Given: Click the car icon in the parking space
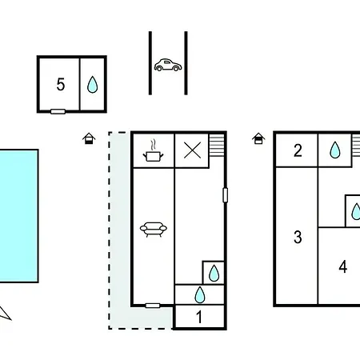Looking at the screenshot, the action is [168, 65].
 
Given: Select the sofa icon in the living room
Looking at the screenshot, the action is [154, 230].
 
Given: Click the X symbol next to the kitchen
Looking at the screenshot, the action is [192, 150].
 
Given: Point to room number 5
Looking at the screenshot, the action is [61, 84].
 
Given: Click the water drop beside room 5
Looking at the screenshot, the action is [93, 84].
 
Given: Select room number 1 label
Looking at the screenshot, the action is [199, 317].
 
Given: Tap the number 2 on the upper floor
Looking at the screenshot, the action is [298, 150].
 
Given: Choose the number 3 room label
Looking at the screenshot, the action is [298, 237].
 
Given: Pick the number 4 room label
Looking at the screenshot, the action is [343, 266].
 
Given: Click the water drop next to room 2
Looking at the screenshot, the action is [335, 150].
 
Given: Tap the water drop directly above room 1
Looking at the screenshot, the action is [200, 294].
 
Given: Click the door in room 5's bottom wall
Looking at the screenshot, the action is [58, 111].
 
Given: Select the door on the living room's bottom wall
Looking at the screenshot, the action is [153, 306].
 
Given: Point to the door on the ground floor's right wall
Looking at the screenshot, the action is [226, 195].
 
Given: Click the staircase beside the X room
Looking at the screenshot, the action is [217, 146].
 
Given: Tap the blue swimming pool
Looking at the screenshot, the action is [19, 216].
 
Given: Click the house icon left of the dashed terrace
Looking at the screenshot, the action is [89, 138].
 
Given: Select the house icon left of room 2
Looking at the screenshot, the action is [258, 138].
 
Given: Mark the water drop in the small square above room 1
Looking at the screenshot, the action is [214, 273].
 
